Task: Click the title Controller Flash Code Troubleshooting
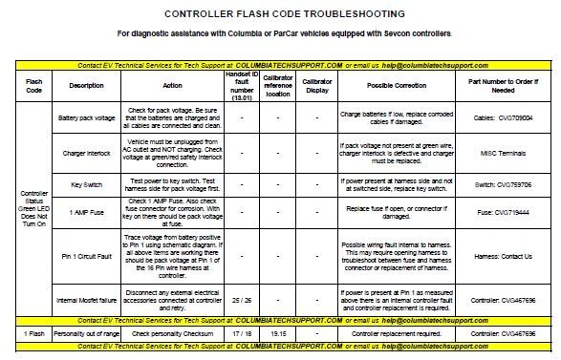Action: pyautogui.click(x=284, y=14)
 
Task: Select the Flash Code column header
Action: pyautogui.click(x=32, y=86)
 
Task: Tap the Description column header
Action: pyautogui.click(x=86, y=86)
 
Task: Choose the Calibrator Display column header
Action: pyautogui.click(x=317, y=86)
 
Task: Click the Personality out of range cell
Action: pyautogui.click(x=87, y=335)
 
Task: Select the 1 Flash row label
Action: pyautogui.click(x=32, y=335)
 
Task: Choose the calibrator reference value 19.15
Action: pyautogui.click(x=278, y=335)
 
